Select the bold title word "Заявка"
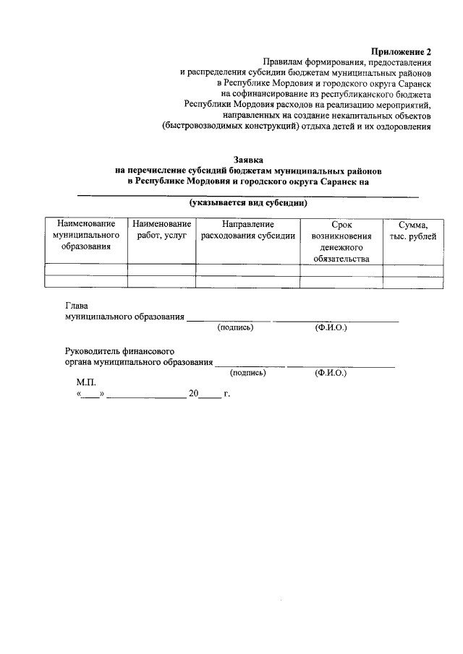248,159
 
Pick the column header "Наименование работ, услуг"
161,230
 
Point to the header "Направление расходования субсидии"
247,230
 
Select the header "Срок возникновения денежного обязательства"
341,241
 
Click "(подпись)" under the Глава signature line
235,327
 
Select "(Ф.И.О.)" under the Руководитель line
330,374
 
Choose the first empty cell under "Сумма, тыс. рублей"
413,270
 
